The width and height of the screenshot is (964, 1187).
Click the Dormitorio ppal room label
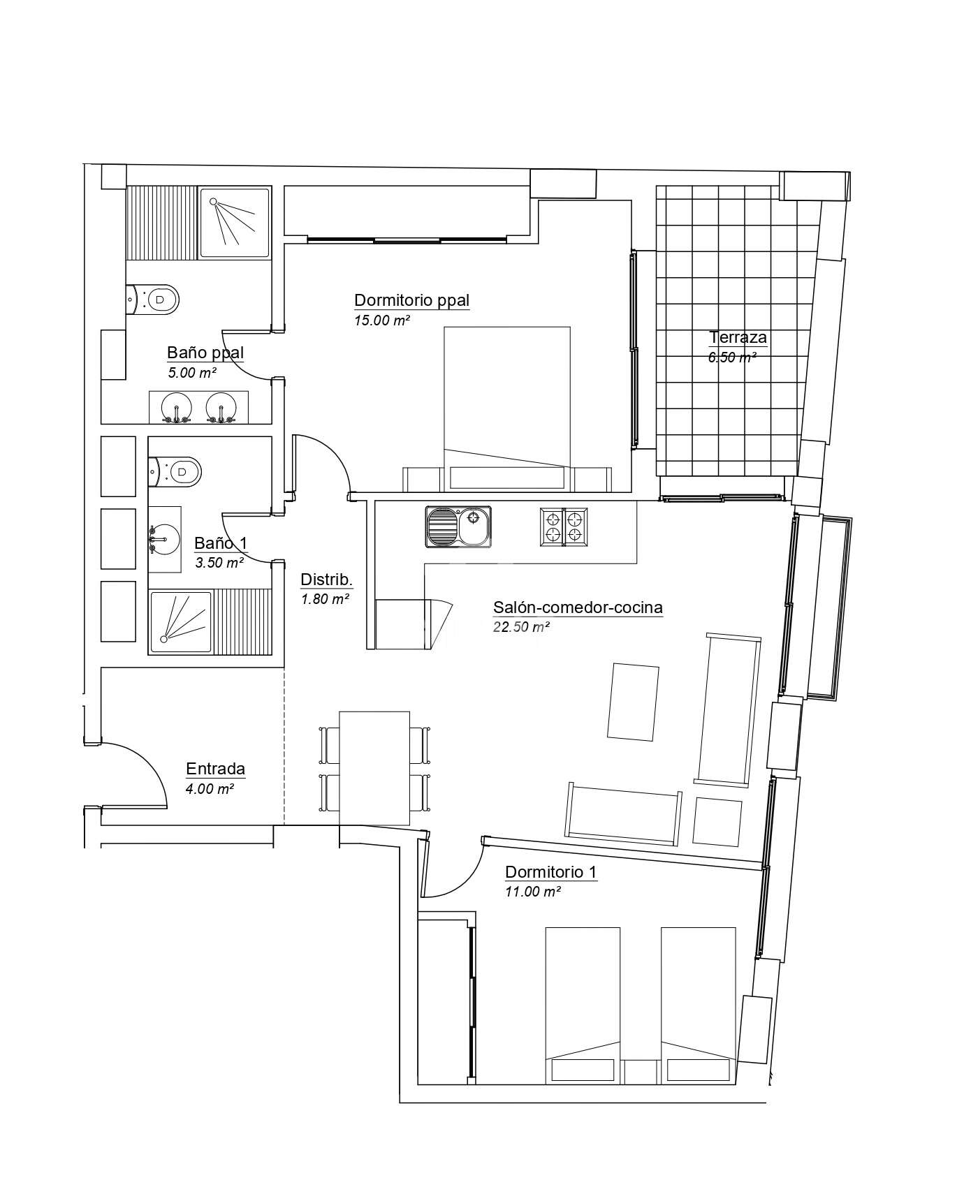point(411,301)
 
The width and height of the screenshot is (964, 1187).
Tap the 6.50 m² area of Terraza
point(733,357)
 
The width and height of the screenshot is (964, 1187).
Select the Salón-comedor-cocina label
point(578,607)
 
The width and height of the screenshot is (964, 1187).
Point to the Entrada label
point(215,769)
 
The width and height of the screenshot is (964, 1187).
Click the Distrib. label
point(326,580)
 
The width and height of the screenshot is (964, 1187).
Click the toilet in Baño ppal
point(153,300)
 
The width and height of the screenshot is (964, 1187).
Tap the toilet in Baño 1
point(175,472)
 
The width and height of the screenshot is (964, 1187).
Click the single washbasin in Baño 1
point(165,540)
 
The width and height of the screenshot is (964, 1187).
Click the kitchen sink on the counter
point(458,526)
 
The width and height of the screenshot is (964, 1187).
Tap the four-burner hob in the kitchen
point(564,526)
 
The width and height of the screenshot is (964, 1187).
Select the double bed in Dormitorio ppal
point(507,408)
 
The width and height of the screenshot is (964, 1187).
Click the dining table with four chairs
point(374,769)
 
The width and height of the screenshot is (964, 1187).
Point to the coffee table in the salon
point(634,702)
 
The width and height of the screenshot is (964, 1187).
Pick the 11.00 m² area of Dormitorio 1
point(533,892)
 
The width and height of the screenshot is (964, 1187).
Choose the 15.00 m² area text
point(381,320)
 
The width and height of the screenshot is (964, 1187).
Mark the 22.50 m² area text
point(521,626)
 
